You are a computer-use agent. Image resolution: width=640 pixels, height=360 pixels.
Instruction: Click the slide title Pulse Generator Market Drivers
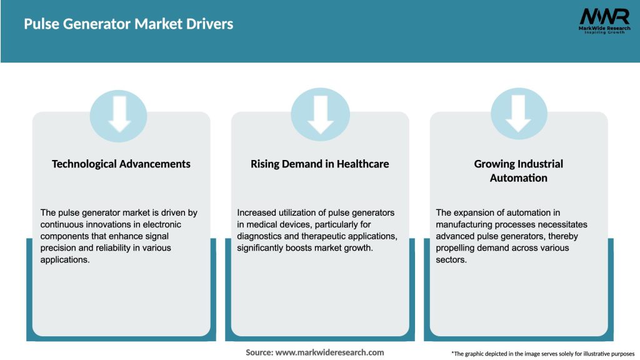pos(128,24)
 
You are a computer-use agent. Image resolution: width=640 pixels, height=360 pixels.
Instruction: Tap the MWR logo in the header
pos(604,16)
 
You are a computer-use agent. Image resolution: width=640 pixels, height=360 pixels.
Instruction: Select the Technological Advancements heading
pos(121,164)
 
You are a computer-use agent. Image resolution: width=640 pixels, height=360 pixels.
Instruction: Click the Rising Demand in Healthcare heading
pos(319,164)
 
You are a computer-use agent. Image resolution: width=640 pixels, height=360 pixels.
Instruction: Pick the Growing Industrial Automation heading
pos(519,171)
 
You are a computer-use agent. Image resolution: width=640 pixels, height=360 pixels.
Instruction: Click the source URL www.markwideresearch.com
pos(329,352)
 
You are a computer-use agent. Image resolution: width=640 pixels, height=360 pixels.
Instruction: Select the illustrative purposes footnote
pos(542,354)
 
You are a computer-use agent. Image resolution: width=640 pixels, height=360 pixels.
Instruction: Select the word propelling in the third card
pos(459,248)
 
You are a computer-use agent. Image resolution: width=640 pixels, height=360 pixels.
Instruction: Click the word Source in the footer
pos(259,352)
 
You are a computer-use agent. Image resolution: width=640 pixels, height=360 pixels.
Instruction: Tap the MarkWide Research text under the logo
pos(604,28)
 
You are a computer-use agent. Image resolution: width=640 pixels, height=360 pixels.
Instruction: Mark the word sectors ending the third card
pos(451,260)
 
